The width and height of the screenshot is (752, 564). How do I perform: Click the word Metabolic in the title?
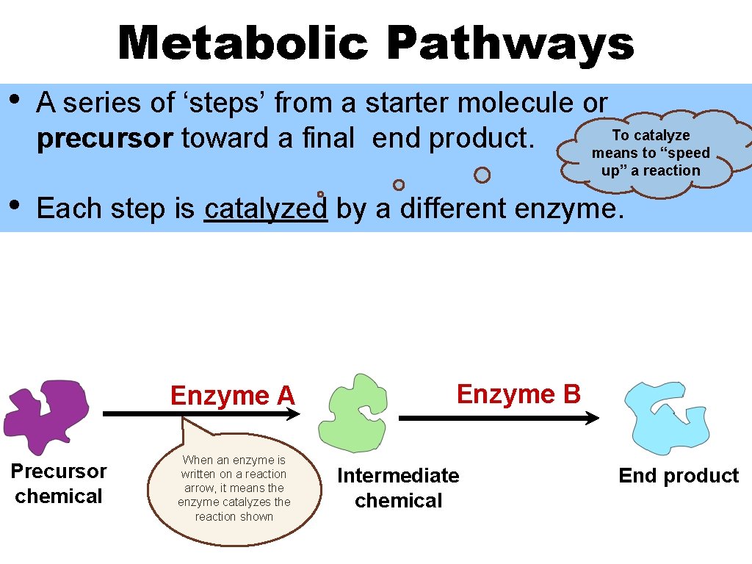click(x=242, y=43)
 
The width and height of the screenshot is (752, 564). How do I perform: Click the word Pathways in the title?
click(x=510, y=43)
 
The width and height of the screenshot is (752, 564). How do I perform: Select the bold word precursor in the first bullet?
click(x=104, y=138)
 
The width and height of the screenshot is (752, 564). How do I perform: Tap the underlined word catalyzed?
click(x=265, y=209)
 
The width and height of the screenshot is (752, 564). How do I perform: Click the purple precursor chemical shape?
click(x=48, y=415)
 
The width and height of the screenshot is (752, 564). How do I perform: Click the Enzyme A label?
click(x=232, y=396)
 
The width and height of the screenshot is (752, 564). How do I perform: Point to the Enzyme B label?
click(x=518, y=394)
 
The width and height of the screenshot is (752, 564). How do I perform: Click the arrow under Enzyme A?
click(x=201, y=414)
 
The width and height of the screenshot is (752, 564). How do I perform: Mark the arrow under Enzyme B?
click(x=499, y=418)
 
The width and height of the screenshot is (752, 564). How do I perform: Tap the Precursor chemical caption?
click(x=59, y=483)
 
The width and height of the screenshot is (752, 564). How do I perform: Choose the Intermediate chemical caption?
click(x=398, y=488)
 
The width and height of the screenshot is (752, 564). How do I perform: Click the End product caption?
click(x=679, y=476)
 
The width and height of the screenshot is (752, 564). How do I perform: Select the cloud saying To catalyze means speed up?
click(x=651, y=153)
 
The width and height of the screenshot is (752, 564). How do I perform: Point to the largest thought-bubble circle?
click(x=482, y=175)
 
